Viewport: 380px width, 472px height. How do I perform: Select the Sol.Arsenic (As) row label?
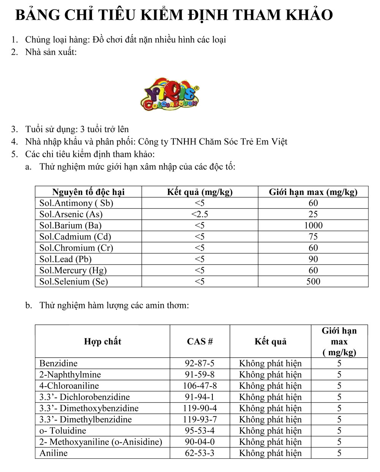tap(71, 214)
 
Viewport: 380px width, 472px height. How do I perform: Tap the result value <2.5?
tap(199, 214)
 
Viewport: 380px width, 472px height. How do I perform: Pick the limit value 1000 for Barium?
tap(313, 225)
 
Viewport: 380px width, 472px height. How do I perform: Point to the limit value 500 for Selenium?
tap(313, 282)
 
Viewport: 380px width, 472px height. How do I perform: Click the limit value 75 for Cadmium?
tap(313, 237)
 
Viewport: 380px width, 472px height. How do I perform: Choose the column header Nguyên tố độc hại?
tap(88, 192)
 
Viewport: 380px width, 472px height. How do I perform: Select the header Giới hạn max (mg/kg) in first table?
tap(313, 192)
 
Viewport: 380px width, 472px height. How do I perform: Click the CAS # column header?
tap(199, 341)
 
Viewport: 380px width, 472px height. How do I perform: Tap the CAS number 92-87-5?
tap(199, 363)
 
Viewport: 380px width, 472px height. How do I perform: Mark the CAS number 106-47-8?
tap(199, 386)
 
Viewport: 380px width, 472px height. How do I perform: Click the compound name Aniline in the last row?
tap(54, 453)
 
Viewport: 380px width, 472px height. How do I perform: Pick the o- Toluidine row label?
tap(63, 431)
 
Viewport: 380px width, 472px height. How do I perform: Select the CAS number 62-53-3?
tap(199, 453)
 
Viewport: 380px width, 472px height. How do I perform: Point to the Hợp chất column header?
tap(103, 341)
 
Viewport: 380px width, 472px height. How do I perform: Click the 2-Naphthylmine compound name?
tap(70, 375)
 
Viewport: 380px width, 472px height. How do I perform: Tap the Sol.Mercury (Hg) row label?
tap(73, 271)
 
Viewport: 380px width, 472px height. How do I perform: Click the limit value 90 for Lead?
tap(313, 259)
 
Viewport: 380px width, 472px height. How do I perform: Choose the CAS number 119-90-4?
tap(199, 408)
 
